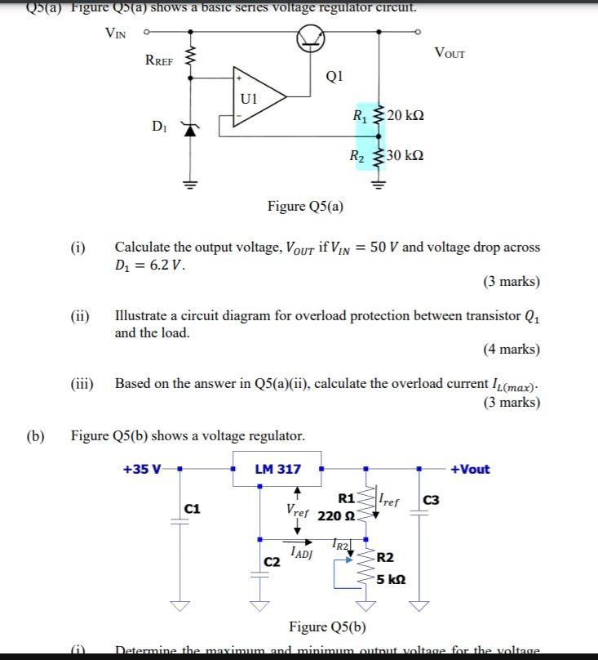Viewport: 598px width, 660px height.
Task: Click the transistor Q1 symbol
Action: pyautogui.click(x=311, y=36)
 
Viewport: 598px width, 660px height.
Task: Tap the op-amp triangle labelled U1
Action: pyautogui.click(x=259, y=97)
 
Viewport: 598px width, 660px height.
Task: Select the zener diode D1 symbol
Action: pyautogui.click(x=191, y=128)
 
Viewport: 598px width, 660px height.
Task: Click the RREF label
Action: pyautogui.click(x=158, y=60)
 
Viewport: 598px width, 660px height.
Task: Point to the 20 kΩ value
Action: pyautogui.click(x=405, y=114)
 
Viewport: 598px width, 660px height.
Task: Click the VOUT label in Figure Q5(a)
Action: pyautogui.click(x=450, y=54)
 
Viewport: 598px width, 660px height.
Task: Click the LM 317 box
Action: pyautogui.click(x=277, y=469)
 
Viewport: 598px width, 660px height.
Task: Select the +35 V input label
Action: pyautogui.click(x=142, y=469)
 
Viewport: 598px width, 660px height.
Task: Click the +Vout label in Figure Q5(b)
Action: pyautogui.click(x=470, y=469)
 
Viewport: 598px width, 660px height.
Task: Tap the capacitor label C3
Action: pyautogui.click(x=431, y=500)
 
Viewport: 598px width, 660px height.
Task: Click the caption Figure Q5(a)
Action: pyautogui.click(x=305, y=206)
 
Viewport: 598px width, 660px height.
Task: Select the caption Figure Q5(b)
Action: pyautogui.click(x=327, y=627)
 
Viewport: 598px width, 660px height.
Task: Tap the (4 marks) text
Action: pyautogui.click(x=511, y=349)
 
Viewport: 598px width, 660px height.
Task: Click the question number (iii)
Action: pyautogui.click(x=82, y=383)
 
